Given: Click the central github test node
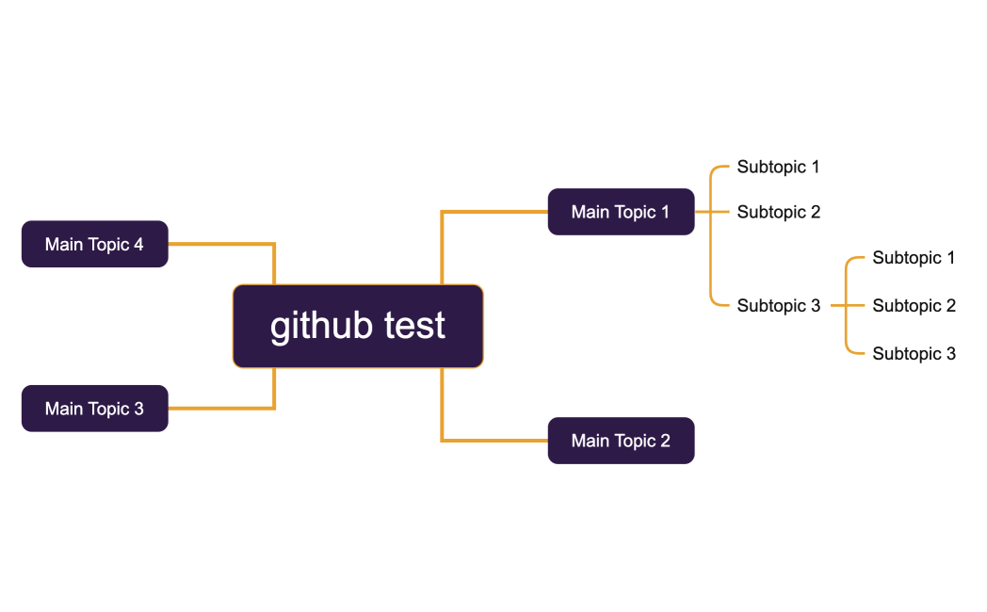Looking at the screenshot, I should point(358,326).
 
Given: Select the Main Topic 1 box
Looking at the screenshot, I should point(621,212).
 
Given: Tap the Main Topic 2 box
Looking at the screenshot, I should point(621,441).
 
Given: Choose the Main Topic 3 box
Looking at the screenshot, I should point(94,409).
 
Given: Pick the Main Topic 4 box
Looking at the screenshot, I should point(94,245).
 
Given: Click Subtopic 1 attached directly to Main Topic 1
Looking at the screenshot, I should point(778,167).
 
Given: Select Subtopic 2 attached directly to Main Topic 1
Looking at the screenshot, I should point(778,212).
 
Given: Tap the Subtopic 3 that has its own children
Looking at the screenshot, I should point(778,305).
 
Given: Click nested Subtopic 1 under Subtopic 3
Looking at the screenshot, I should point(914,257).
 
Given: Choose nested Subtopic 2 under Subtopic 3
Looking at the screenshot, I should point(914,305).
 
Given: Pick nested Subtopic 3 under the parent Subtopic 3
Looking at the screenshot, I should point(914,353).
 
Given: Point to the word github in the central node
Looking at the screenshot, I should point(322,326).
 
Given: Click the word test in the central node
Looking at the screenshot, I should point(415,326).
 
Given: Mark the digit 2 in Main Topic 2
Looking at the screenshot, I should point(665,441).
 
